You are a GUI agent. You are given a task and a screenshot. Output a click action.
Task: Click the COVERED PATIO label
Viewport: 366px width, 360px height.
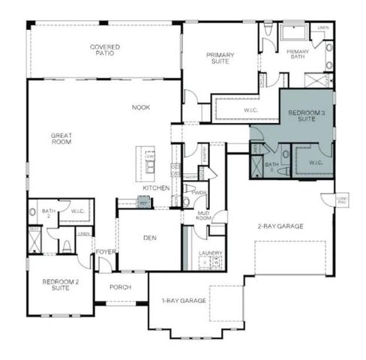click(x=105, y=50)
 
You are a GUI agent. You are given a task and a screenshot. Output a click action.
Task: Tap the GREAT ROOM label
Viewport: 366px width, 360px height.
click(x=61, y=138)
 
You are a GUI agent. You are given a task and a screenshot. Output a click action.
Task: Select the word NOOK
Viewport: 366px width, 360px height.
click(x=141, y=107)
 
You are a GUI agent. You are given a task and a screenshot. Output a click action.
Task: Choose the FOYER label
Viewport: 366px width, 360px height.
click(x=105, y=252)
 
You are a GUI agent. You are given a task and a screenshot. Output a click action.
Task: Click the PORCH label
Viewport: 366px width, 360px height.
click(x=120, y=286)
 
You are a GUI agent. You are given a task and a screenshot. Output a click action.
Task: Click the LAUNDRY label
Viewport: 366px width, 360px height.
click(x=210, y=253)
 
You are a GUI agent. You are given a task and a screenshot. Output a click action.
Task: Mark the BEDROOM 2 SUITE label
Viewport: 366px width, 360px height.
click(x=60, y=284)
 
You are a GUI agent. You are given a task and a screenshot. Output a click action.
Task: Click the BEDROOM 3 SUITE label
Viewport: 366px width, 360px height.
click(x=305, y=115)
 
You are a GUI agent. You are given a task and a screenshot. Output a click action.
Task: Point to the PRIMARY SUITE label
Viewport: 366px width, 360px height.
click(x=220, y=58)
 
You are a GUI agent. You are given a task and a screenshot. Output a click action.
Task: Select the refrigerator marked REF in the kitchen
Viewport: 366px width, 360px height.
click(x=144, y=202)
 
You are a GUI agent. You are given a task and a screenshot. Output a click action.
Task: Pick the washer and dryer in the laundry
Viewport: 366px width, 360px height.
click(x=211, y=263)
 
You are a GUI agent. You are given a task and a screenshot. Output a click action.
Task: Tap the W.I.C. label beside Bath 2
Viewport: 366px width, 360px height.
click(x=77, y=211)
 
